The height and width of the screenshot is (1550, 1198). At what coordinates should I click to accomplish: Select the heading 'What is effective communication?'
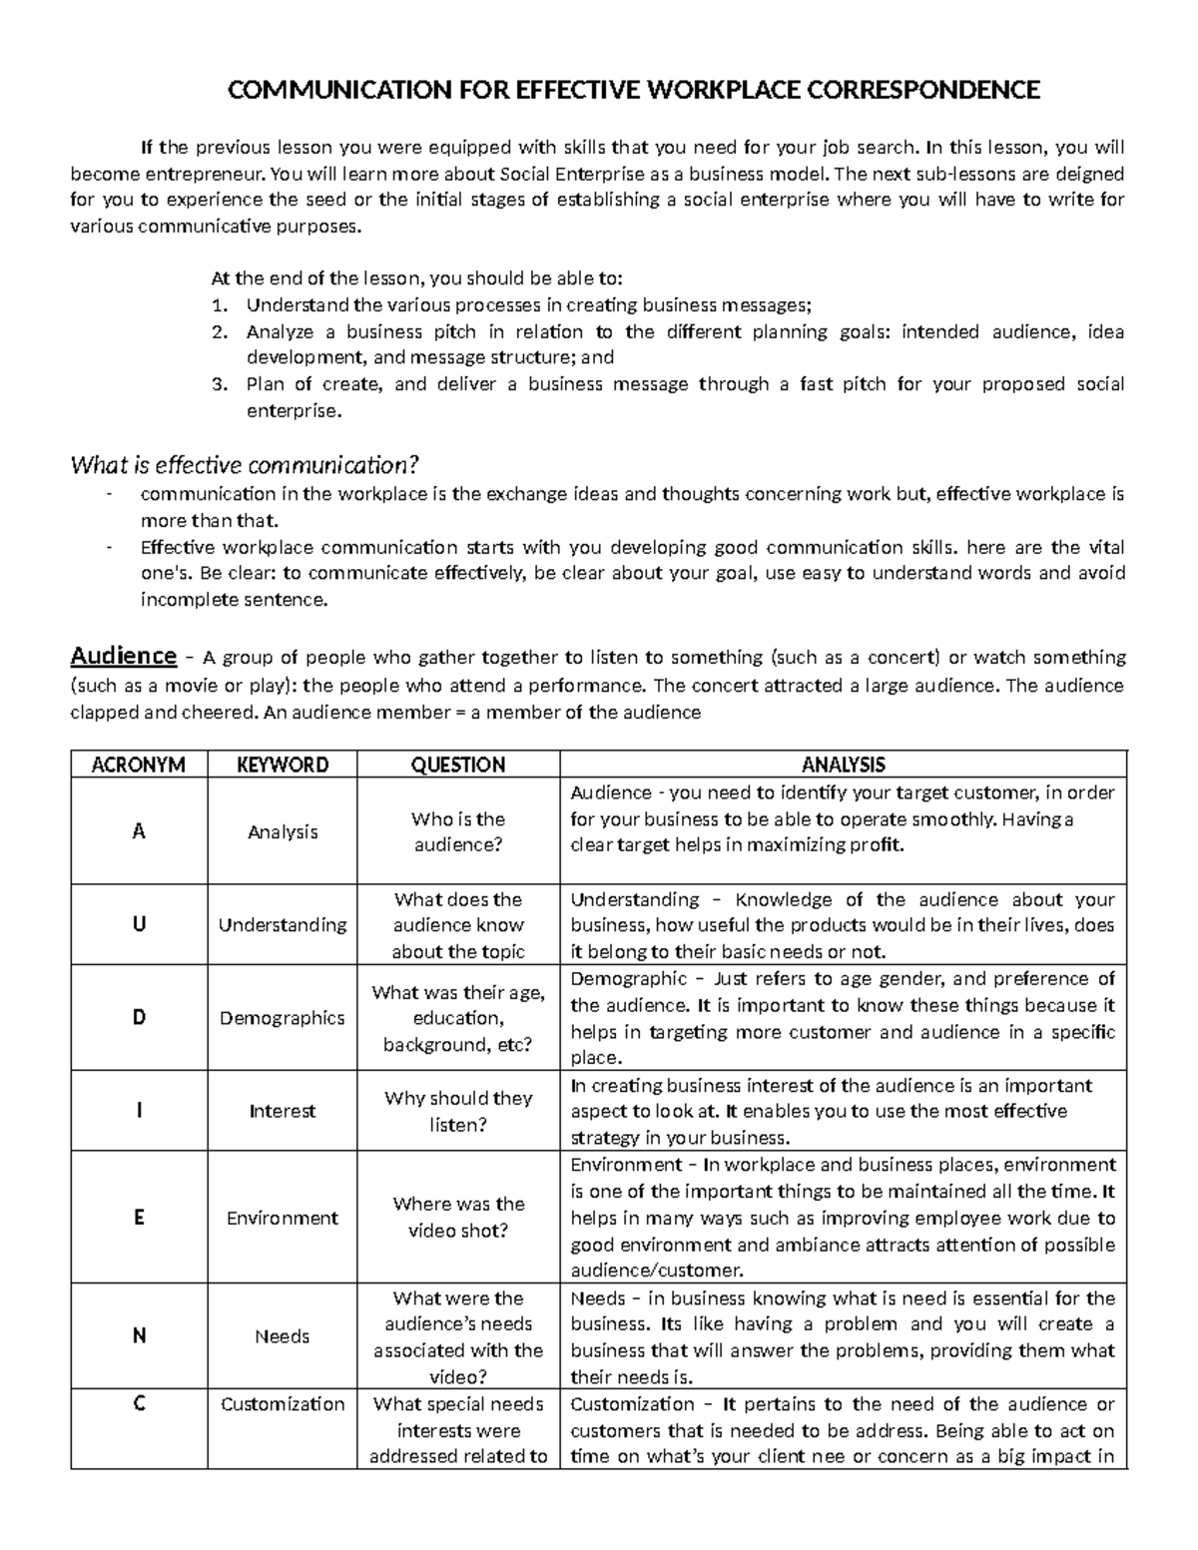(245, 465)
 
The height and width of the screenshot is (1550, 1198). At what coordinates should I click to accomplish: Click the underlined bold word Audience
(123, 656)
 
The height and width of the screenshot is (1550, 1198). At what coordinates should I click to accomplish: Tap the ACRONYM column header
(139, 765)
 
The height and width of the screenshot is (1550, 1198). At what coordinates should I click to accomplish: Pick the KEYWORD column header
(283, 765)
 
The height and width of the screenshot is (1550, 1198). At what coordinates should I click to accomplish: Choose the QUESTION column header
(458, 765)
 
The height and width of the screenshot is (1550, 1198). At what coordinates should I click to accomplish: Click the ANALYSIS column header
(844, 765)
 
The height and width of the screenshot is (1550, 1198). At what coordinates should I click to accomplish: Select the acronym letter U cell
(139, 924)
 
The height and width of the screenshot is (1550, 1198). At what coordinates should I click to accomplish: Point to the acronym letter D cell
(139, 1017)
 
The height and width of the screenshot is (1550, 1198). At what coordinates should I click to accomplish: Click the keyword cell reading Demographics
(283, 1018)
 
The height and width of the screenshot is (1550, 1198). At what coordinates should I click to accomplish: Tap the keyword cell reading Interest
(283, 1111)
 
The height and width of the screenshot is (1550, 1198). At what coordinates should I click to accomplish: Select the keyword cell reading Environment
(283, 1218)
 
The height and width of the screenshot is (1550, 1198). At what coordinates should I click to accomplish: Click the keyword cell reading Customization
(283, 1404)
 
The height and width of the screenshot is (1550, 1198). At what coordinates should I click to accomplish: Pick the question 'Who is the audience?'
(458, 831)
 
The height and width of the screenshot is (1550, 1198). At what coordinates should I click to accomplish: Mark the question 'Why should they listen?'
(458, 1111)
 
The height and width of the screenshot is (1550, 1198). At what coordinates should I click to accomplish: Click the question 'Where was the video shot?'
(458, 1217)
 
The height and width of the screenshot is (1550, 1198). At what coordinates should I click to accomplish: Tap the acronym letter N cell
(139, 1335)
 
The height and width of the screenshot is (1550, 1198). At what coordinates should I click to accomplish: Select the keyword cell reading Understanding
(283, 925)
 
